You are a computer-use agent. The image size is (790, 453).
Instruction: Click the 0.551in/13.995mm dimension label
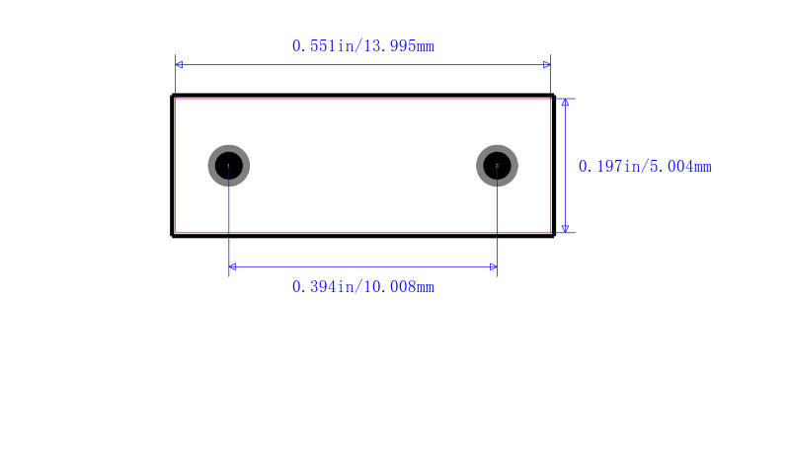[x=362, y=46]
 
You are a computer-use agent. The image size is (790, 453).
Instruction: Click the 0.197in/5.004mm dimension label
[x=645, y=167]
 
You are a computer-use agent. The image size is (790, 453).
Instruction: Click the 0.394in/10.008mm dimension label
[x=362, y=287]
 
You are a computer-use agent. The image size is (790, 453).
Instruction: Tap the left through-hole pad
[x=229, y=166]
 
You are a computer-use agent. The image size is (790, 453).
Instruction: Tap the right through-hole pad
[x=497, y=166]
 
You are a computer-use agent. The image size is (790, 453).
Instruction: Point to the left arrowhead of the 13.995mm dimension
[x=179, y=64]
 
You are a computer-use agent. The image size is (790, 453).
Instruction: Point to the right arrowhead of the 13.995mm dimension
[x=547, y=64]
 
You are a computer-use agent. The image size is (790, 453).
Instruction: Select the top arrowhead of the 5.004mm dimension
[x=565, y=103]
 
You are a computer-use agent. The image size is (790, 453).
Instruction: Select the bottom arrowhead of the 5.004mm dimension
[x=565, y=229]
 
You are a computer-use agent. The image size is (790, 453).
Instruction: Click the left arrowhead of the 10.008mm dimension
[x=232, y=266]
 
